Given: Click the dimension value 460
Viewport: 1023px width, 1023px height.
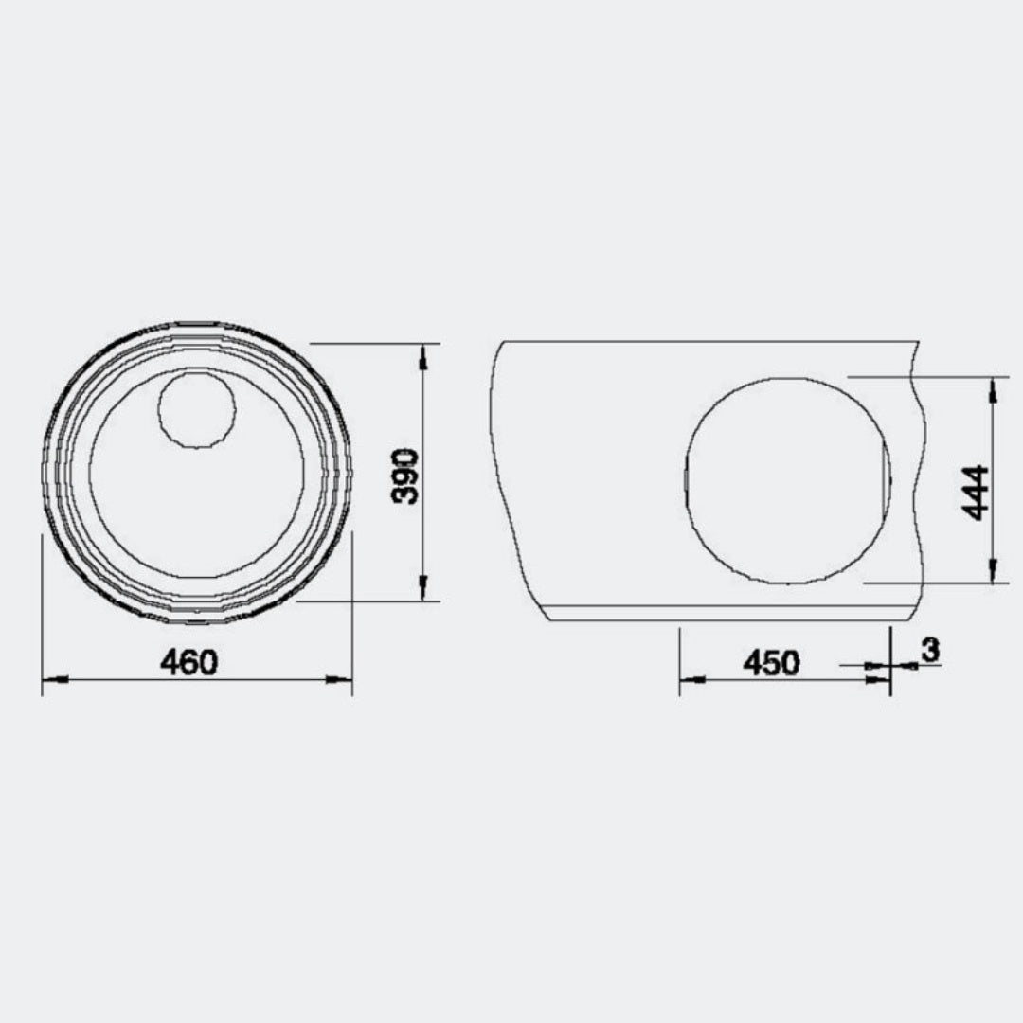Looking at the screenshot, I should [x=189, y=663].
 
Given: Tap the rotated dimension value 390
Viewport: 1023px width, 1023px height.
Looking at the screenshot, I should [x=405, y=476].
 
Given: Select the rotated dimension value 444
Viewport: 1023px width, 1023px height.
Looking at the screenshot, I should [x=976, y=493].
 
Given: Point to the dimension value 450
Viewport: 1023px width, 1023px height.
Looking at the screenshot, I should [x=771, y=663].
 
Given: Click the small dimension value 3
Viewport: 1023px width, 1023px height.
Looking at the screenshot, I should [x=929, y=650].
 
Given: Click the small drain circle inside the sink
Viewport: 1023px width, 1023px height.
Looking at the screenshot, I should [x=197, y=409].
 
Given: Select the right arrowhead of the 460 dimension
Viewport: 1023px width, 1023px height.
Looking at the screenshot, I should [x=339, y=679].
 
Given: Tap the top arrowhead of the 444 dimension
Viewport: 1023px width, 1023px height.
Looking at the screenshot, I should [x=992, y=389].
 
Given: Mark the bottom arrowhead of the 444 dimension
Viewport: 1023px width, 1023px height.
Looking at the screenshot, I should [x=992, y=571].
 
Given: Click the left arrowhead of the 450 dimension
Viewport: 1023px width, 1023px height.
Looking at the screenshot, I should [x=691, y=679].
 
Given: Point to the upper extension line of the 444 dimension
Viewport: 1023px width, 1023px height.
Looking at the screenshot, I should [x=928, y=377].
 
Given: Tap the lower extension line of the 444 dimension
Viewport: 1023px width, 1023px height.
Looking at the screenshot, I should [x=938, y=583].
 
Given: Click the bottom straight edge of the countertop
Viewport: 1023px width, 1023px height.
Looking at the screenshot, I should [x=720, y=620].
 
